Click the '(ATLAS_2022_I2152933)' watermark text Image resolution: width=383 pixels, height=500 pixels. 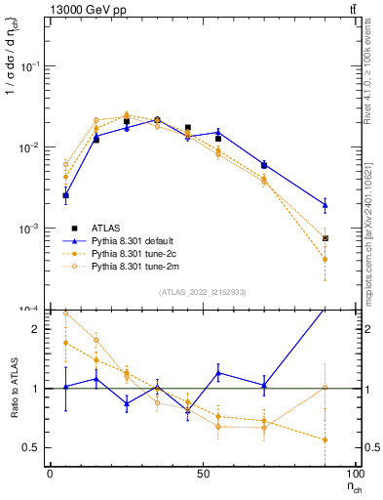204,293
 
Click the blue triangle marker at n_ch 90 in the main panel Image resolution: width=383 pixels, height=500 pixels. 326,205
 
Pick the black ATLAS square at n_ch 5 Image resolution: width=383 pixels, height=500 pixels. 65,195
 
